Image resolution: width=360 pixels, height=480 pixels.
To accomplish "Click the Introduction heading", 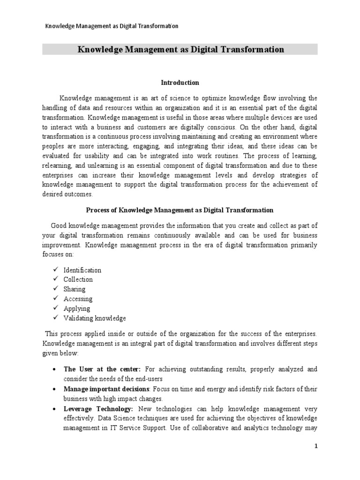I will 180,82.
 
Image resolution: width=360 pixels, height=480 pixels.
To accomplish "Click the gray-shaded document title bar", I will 180,49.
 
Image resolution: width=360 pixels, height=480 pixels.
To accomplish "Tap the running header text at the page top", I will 111,26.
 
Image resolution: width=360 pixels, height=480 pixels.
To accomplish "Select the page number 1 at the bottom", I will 316,446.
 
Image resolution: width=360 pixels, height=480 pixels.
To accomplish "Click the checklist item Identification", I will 82,270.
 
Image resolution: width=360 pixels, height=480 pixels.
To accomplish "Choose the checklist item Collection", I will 78,279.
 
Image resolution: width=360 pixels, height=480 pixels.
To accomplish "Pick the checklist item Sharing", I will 75,289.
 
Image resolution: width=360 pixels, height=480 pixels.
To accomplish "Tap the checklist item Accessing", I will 78,299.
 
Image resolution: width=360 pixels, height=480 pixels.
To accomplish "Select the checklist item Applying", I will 77,308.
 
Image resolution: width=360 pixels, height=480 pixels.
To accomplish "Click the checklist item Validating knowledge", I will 95,318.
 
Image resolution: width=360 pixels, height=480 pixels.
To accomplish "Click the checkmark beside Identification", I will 55,270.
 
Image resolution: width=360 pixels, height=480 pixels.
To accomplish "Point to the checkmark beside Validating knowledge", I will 55,318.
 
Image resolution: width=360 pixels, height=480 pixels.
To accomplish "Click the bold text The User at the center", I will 96,369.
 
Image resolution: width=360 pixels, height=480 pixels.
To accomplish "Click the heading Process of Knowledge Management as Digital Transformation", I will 180,210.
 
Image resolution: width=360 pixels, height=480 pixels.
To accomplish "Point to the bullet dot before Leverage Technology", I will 55,409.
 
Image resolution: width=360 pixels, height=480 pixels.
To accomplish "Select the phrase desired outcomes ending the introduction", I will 67,194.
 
